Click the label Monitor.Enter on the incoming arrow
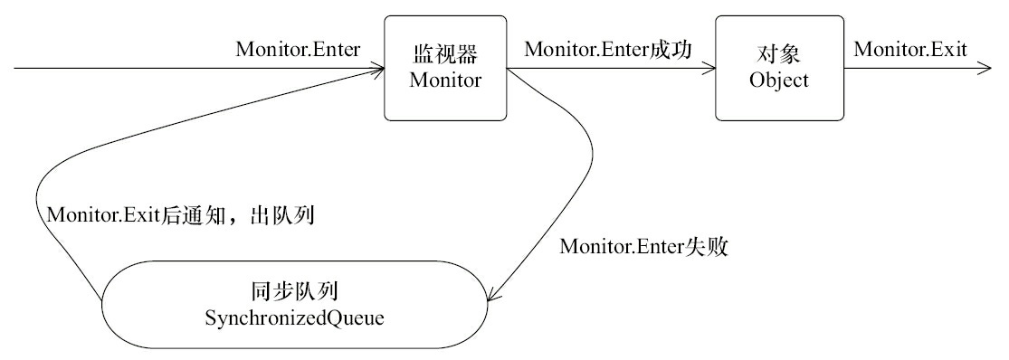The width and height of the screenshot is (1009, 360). [x=298, y=51]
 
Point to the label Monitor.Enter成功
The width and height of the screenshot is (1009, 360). [x=608, y=51]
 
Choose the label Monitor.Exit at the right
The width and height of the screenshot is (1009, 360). [x=909, y=51]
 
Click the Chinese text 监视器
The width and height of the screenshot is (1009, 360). [x=443, y=57]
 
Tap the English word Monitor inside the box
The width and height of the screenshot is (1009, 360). [x=443, y=81]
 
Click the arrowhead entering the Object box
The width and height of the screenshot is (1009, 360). [x=709, y=69]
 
